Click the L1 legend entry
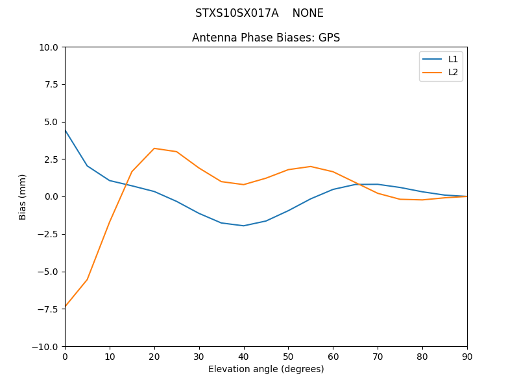coord(453,59)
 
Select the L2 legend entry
coord(453,72)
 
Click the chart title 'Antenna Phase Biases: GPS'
coord(266,38)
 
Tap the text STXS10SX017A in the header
coord(237,13)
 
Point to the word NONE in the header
coord(308,13)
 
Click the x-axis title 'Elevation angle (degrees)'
coord(266,369)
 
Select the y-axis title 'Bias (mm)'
coord(23,196)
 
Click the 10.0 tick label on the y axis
coord(47,47)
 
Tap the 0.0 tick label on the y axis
coord(50,196)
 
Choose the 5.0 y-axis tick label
coord(50,122)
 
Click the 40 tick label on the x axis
coord(243,356)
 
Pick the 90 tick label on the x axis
coord(467,356)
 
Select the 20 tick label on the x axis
coord(154,356)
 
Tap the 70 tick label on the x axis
coord(378,356)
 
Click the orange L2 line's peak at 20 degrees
coord(154,148)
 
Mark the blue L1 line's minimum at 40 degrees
coord(243,226)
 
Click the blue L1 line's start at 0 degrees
coord(66,130)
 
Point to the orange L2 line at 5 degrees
coord(87,279)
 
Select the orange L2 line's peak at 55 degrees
coord(311,167)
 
